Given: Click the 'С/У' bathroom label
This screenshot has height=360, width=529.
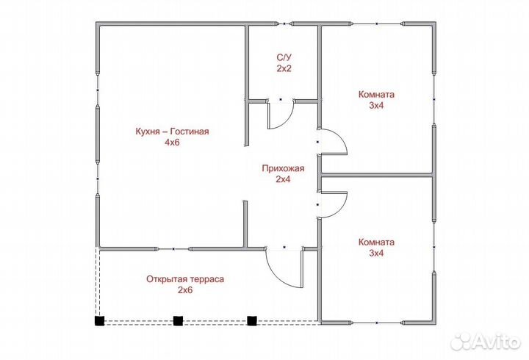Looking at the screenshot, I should click(284, 57).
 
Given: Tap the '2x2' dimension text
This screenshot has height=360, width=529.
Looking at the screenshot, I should click(284, 68).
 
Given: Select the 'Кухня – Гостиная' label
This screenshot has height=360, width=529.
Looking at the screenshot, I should click(173, 132).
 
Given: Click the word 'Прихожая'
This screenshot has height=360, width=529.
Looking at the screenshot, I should click(283, 168).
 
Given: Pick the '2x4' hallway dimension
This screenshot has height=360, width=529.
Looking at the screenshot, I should click(283, 179).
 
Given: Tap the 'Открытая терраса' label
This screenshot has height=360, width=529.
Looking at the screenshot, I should click(184, 278).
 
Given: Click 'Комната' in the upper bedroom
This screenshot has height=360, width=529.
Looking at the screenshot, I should click(376, 94).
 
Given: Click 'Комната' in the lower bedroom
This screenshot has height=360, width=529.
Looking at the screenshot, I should click(376, 242).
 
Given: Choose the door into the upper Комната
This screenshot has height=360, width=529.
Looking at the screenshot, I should click(334, 141).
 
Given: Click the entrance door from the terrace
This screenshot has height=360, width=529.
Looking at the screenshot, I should click(284, 266).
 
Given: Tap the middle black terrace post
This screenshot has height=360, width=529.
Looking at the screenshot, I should click(177, 320).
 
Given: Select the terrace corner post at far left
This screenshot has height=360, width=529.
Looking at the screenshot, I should click(98, 320).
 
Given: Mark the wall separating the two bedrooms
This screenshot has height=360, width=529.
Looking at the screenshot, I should click(376, 175).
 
